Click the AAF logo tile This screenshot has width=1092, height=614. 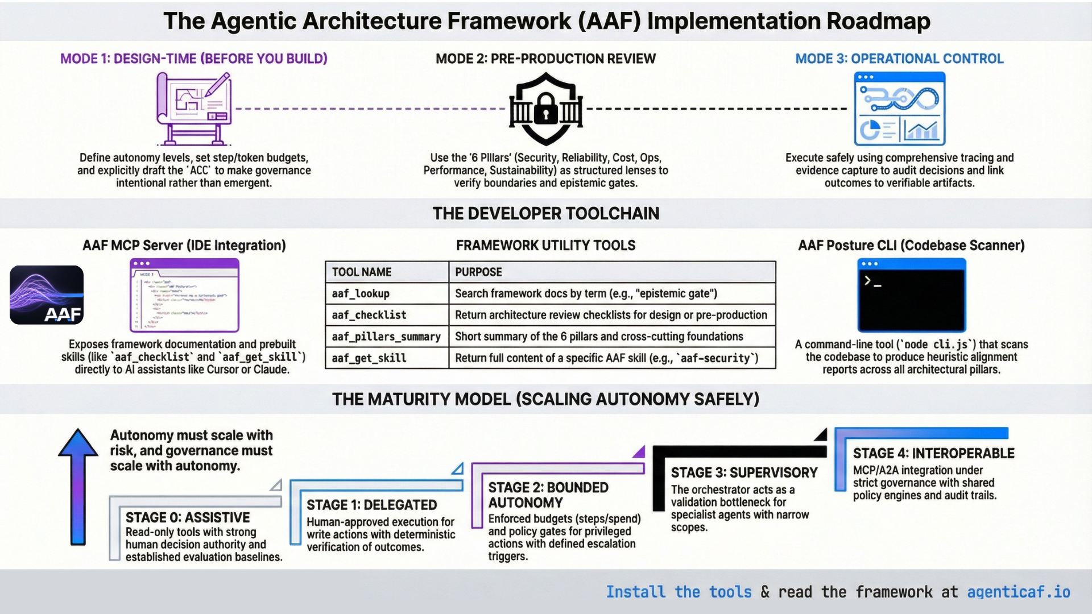[47, 295]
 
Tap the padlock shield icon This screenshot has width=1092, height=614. [546, 109]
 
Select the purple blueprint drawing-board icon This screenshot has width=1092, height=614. [193, 108]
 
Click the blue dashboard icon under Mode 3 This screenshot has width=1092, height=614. [899, 109]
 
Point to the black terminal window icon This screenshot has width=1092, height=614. [912, 295]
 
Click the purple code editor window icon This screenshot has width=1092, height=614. [184, 295]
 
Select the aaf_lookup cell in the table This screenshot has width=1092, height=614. [387, 293]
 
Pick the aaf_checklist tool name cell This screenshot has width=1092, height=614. [387, 315]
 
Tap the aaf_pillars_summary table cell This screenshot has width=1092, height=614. [387, 337]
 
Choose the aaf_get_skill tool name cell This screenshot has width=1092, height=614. [387, 358]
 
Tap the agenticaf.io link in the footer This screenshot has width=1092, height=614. [1018, 592]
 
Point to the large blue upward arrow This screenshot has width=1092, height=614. [78, 486]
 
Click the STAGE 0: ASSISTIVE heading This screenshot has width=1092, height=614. [188, 517]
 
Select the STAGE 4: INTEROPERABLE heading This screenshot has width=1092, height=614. [933, 453]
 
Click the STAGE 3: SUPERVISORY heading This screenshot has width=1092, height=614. [744, 472]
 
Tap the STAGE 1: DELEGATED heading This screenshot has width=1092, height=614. [371, 505]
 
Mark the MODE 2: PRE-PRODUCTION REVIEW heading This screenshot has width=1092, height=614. [545, 59]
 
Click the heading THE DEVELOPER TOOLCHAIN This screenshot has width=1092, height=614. [545, 213]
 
